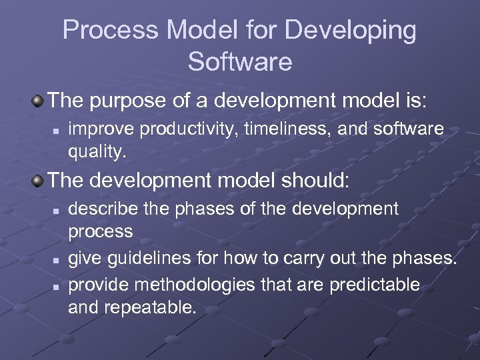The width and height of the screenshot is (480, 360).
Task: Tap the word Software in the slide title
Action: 240,61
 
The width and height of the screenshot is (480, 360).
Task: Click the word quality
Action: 96,152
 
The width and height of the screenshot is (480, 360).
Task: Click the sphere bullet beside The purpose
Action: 38,101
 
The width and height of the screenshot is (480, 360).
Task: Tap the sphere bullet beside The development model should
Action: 38,180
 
